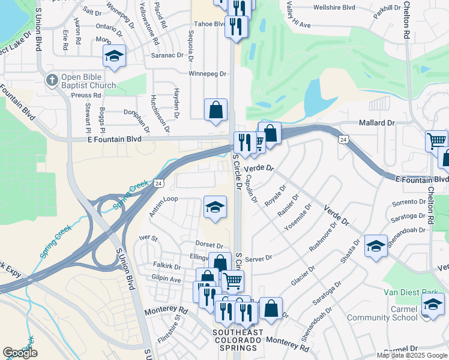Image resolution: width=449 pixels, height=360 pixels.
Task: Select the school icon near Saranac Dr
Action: [x=114, y=56]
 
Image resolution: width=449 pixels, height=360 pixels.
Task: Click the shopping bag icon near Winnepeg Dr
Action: [x=215, y=110]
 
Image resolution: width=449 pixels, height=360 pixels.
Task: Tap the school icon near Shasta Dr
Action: [x=376, y=246]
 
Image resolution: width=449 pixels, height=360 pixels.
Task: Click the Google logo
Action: [x=20, y=353]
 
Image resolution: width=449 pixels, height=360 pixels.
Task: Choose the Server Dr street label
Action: [x=259, y=257]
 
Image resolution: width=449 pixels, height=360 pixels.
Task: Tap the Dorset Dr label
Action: [x=209, y=245]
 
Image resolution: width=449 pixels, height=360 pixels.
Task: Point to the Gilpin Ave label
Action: [x=166, y=280]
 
